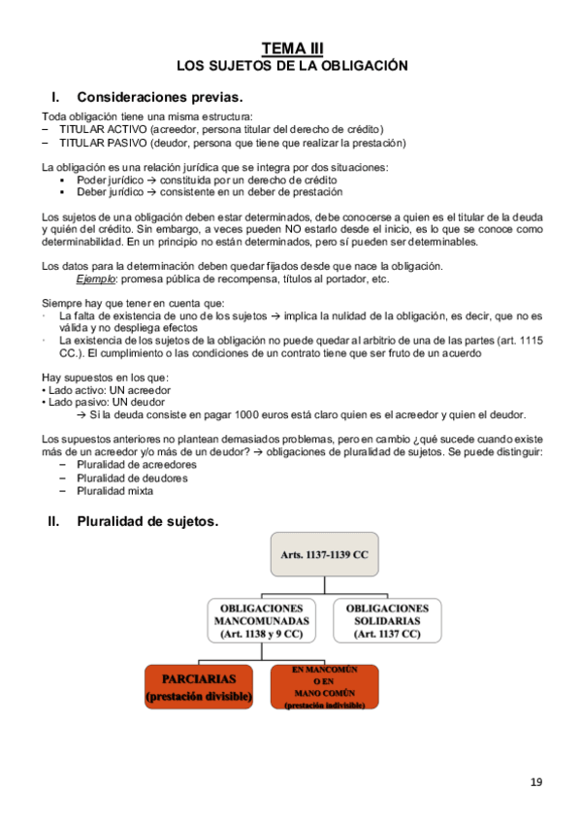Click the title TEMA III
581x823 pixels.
(x=292, y=49)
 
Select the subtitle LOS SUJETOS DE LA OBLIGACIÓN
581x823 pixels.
(x=291, y=66)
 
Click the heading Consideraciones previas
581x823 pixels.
(x=159, y=97)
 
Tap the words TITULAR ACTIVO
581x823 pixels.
(x=97, y=129)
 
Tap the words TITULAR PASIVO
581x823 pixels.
(x=98, y=143)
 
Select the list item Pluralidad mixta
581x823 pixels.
(x=114, y=490)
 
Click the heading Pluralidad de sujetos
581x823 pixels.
(x=147, y=521)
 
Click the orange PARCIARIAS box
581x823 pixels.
(x=199, y=686)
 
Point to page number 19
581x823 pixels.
(x=536, y=782)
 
